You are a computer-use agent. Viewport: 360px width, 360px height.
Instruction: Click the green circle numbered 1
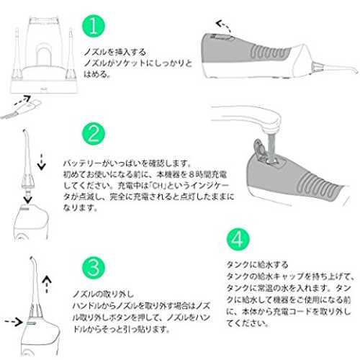click(x=94, y=26)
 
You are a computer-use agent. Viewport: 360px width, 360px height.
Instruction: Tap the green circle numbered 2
click(x=94, y=134)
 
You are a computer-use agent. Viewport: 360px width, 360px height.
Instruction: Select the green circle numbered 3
click(x=94, y=267)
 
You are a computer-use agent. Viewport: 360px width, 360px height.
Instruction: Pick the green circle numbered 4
click(x=238, y=239)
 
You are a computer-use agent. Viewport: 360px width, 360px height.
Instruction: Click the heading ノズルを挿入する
click(x=115, y=52)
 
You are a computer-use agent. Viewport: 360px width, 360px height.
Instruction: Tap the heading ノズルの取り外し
click(x=103, y=294)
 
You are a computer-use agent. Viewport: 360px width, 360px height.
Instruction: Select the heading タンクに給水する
click(x=257, y=265)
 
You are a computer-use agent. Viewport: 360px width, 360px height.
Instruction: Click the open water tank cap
click(x=260, y=150)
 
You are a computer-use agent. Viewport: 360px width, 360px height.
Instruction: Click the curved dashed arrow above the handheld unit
click(x=223, y=25)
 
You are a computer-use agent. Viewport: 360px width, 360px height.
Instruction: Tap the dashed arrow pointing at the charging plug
click(x=22, y=100)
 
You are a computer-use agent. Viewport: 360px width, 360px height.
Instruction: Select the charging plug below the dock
click(x=22, y=109)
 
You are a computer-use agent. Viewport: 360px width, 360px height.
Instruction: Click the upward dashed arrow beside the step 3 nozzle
click(x=47, y=284)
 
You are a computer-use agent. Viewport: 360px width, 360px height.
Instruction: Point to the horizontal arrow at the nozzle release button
click(x=14, y=322)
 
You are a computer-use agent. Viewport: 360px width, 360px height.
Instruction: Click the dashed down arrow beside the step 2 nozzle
click(x=42, y=162)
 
